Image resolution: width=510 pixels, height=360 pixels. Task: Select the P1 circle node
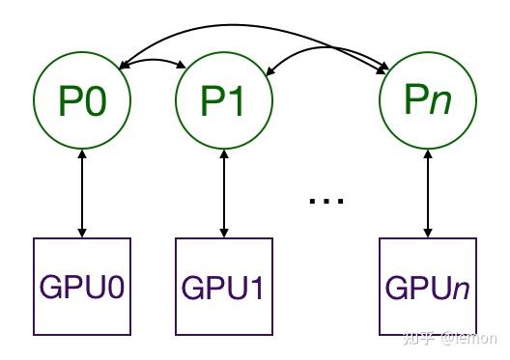pyautogui.click(x=224, y=101)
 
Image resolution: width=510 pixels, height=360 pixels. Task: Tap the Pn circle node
pyautogui.click(x=427, y=97)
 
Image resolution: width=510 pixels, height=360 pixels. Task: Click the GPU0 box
pyautogui.click(x=82, y=286)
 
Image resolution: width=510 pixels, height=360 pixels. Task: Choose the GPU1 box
pyautogui.click(x=224, y=287)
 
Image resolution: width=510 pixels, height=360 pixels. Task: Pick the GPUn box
pyautogui.click(x=428, y=286)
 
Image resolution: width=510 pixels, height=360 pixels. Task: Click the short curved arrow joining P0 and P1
pyautogui.click(x=153, y=61)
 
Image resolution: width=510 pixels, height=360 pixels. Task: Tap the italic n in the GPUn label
pyautogui.click(x=460, y=288)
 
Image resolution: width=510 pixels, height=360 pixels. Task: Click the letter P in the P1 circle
pyautogui.click(x=212, y=101)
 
